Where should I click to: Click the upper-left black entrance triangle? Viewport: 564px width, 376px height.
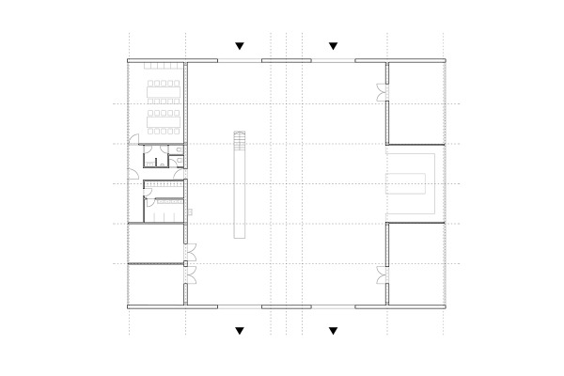[240, 45]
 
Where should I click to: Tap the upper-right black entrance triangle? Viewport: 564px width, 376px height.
[333, 45]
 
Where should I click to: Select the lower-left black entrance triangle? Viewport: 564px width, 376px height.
[240, 330]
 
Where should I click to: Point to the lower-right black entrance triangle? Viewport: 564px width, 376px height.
[333, 330]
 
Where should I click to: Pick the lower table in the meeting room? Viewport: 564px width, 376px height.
[164, 118]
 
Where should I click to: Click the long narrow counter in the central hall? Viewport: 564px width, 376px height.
[241, 193]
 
